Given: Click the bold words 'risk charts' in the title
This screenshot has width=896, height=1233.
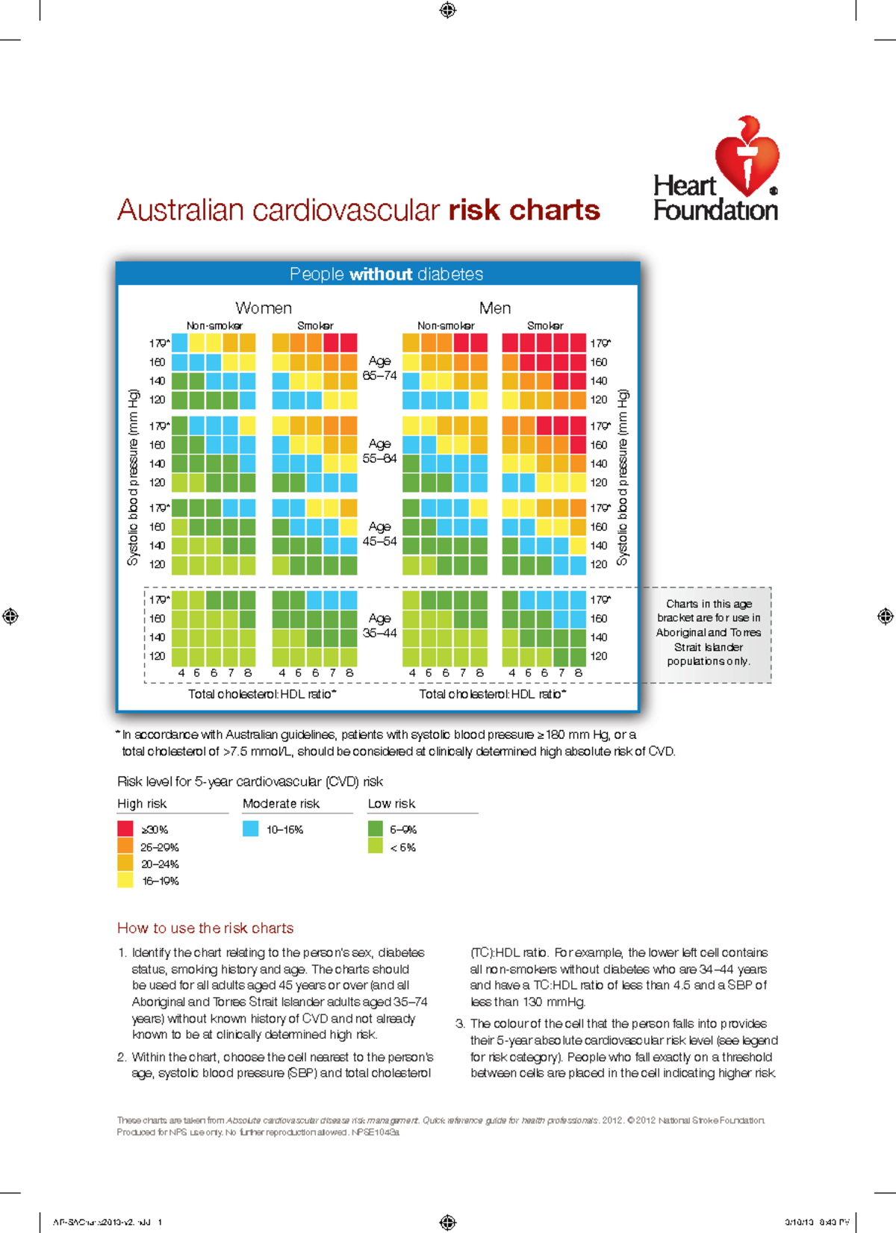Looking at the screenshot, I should click(524, 210).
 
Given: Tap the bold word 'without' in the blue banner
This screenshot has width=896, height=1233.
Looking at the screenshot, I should click(381, 275).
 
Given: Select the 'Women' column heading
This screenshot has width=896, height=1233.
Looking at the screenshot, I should click(263, 308).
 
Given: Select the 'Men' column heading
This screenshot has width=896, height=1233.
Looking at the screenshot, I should click(494, 308).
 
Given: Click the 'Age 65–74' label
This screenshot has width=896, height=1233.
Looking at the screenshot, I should click(379, 368).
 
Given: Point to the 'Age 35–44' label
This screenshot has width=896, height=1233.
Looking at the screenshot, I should click(379, 625).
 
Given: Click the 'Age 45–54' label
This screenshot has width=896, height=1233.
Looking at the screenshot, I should click(379, 534).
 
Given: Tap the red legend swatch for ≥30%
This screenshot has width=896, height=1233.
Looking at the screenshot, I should click(125, 828).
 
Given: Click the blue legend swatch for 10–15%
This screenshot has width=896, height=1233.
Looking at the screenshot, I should click(251, 828).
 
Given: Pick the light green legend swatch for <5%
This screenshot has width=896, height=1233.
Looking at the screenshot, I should click(376, 846).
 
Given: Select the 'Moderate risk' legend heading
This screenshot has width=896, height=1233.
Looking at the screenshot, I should click(281, 804).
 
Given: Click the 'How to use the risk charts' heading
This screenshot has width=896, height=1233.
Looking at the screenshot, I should click(205, 928).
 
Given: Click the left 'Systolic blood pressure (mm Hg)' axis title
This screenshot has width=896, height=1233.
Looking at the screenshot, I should click(134, 478).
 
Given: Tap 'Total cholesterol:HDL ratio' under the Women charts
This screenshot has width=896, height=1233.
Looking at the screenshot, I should click(262, 694).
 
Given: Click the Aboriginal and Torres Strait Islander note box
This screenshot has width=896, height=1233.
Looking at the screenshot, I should click(708, 632).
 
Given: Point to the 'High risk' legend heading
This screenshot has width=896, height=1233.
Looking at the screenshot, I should click(142, 804).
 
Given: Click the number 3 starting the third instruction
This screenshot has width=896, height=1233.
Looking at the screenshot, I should click(460, 1024).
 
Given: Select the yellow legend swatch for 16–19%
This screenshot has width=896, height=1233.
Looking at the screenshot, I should click(125, 881).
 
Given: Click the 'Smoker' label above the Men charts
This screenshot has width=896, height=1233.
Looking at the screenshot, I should click(545, 326).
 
